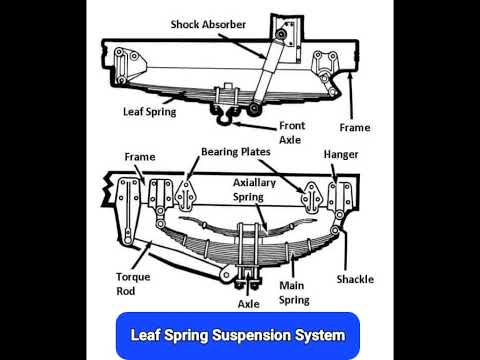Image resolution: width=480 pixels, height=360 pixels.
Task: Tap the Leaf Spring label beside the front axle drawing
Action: (150, 112)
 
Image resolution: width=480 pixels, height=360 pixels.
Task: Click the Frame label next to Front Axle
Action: (353, 128)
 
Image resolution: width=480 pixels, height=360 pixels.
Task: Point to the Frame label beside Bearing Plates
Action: (139, 157)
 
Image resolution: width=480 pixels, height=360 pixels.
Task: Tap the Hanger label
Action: (341, 156)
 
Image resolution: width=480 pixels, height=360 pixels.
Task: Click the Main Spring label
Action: (294, 291)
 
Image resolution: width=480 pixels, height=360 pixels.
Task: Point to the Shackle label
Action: (355, 279)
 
